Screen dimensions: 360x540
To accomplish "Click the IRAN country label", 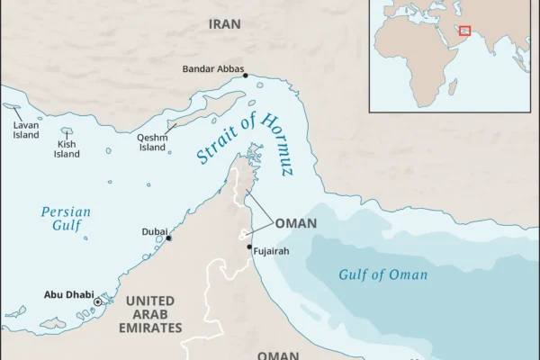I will (x=224, y=24).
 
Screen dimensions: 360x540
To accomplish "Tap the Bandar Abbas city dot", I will (x=245, y=76).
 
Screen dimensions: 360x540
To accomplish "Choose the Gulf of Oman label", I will (x=382, y=274).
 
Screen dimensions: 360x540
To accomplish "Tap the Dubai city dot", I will (x=168, y=238).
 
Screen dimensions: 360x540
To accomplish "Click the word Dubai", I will (x=154, y=231).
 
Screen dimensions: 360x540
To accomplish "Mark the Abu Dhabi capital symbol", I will (x=98, y=301).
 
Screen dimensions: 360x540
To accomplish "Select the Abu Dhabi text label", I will (x=67, y=294).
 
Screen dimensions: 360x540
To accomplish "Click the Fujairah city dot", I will (x=249, y=246).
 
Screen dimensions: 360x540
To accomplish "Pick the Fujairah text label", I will (x=272, y=251).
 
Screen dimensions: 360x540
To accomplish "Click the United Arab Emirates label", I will (x=150, y=313).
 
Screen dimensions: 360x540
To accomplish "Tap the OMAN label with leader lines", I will (x=295, y=223).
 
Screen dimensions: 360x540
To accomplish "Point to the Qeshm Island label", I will (x=151, y=142).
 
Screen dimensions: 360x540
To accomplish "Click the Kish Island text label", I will (x=67, y=148).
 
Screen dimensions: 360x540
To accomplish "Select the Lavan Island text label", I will (x=26, y=130).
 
